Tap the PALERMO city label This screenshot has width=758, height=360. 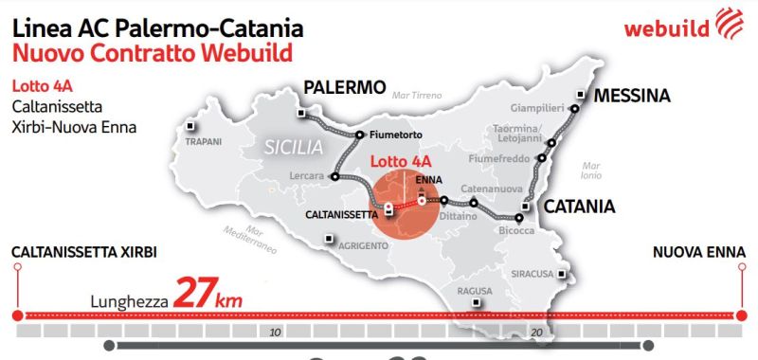click(x=345, y=88)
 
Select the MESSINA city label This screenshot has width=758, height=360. click(x=632, y=96)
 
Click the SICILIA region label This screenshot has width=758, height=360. click(x=294, y=148)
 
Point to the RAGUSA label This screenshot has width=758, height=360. click(x=476, y=291)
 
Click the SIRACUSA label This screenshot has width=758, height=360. click(x=532, y=275)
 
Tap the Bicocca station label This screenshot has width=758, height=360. click(x=517, y=231)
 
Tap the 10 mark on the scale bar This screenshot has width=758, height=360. click(x=275, y=333)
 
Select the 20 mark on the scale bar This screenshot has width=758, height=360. click(x=535, y=333)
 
